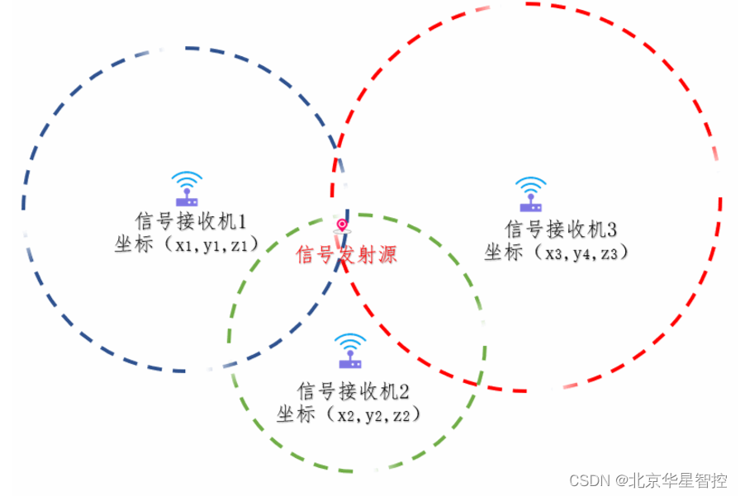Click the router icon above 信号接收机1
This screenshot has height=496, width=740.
(187, 189)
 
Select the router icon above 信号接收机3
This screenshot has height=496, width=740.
(529, 193)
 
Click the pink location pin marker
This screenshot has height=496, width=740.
(342, 226)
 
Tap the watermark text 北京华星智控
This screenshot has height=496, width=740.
(679, 480)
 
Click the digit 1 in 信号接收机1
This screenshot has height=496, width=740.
(243, 221)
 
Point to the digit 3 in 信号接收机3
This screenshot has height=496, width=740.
(612, 229)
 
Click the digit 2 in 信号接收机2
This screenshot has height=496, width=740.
(405, 390)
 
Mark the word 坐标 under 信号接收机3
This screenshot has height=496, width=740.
(504, 252)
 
